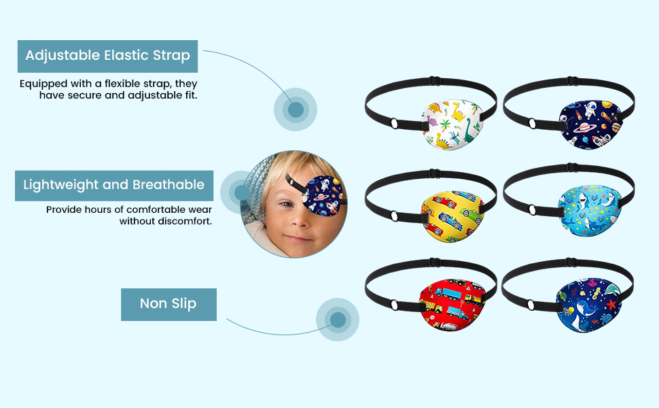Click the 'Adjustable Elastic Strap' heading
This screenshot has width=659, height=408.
107,56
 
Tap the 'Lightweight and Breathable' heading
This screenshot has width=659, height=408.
114,185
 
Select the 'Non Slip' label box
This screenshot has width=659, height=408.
168,305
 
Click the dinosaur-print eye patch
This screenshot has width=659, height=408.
452,124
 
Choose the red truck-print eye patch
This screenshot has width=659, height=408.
452,305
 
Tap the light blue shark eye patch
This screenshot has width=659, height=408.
590,210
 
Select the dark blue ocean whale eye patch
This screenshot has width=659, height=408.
590,305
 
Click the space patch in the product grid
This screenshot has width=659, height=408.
590,124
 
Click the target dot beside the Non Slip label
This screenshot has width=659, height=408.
338,320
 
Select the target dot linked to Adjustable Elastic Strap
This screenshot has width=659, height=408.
296,109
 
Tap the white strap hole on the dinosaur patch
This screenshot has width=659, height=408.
394,124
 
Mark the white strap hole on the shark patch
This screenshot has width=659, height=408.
532,209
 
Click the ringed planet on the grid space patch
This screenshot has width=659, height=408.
583,126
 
